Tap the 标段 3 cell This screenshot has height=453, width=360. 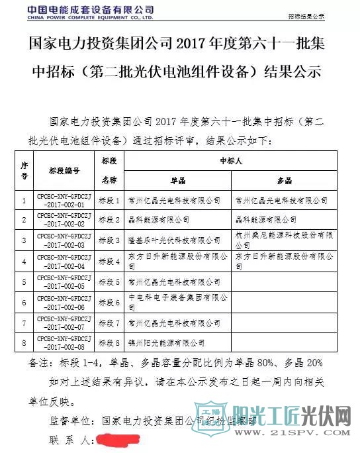coord(109,241)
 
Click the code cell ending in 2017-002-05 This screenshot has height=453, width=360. coord(64,283)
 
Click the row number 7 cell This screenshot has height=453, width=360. coord(24,324)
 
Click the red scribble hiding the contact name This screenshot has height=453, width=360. coord(116,439)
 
